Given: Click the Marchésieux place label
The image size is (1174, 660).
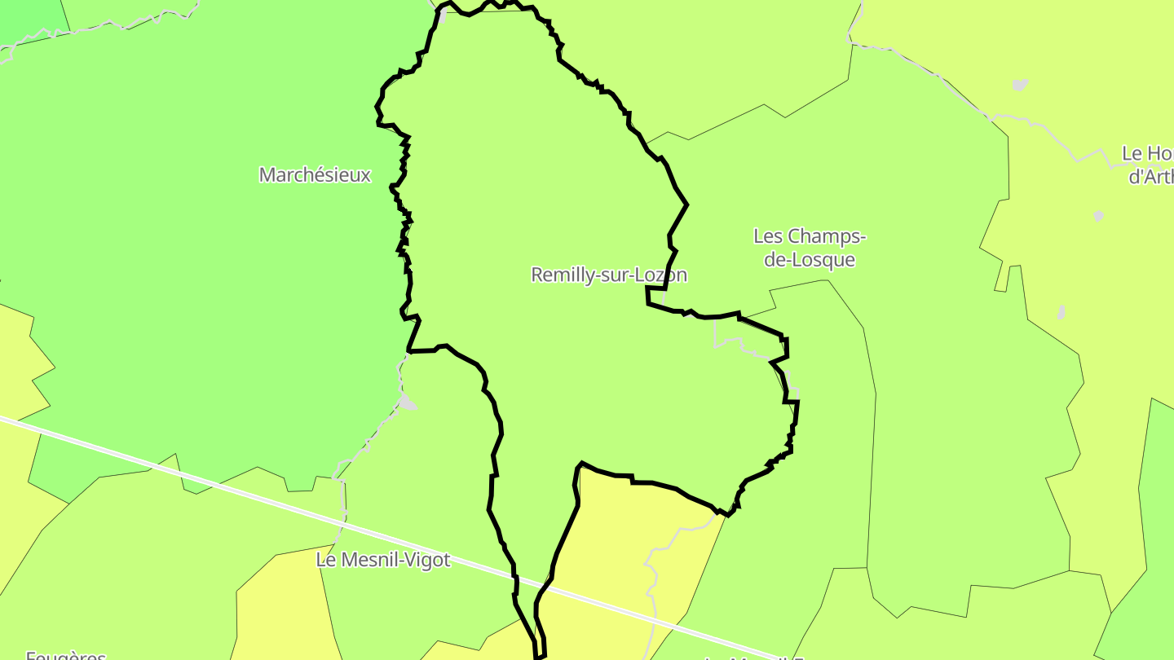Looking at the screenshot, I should [315, 174].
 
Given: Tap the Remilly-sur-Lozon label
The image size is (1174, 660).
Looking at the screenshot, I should [608, 275].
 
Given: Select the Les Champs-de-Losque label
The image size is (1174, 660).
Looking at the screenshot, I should [809, 248].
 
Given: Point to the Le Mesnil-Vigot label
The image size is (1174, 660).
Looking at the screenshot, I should [382, 560].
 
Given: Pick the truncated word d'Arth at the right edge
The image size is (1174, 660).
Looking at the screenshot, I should [1150, 177].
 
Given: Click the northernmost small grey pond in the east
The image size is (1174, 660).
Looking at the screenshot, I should [1019, 85].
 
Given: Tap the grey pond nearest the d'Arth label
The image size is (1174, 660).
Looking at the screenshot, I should [1098, 216].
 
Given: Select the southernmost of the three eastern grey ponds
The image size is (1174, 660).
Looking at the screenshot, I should [1061, 312].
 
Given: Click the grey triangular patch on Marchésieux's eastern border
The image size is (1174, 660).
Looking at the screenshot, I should [407, 402].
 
